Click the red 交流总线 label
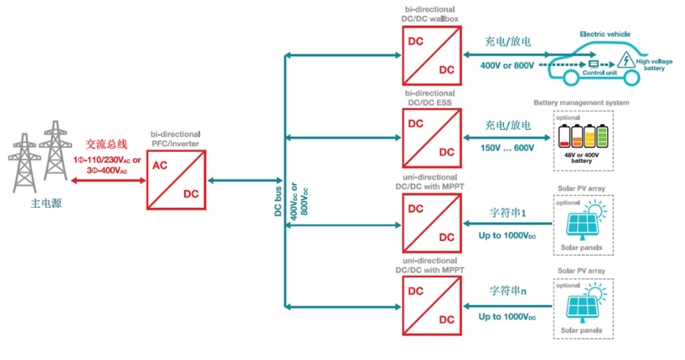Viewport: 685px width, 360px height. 106,144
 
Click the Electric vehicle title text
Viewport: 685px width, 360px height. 604,35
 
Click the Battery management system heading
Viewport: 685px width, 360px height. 581,103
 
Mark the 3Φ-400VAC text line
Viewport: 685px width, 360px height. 107,169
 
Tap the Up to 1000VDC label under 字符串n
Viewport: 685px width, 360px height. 507,317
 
